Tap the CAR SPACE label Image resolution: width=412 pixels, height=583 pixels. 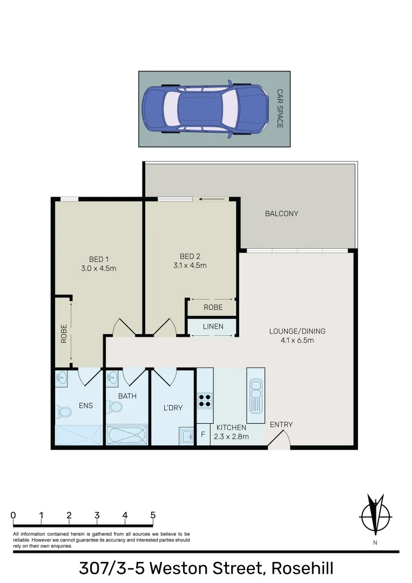pos(280,109)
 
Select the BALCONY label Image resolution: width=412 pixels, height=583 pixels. pos(281,214)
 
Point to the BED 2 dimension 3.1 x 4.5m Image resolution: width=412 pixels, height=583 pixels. pos(190,265)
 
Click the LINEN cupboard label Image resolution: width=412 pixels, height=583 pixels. pos(213,327)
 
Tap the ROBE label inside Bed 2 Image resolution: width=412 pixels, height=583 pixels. pos(213,307)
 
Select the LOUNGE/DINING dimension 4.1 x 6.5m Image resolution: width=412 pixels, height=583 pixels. pos(297,340)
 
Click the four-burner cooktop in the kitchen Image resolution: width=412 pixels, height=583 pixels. pos(205,399)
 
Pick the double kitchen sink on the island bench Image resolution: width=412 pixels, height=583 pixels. pos(255,395)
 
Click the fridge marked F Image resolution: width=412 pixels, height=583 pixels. pos(203,434)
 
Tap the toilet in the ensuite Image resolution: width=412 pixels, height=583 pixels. pos(64,412)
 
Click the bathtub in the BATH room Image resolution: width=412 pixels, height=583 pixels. pos(127,435)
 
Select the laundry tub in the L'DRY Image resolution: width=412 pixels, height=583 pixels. pos(186,435)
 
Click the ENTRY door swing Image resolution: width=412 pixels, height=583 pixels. pos(279,442)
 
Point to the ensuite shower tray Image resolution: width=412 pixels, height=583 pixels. pos(78,435)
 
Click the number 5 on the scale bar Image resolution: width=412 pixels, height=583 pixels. pos(153,515)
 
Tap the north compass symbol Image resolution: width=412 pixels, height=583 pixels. pos(374,514)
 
